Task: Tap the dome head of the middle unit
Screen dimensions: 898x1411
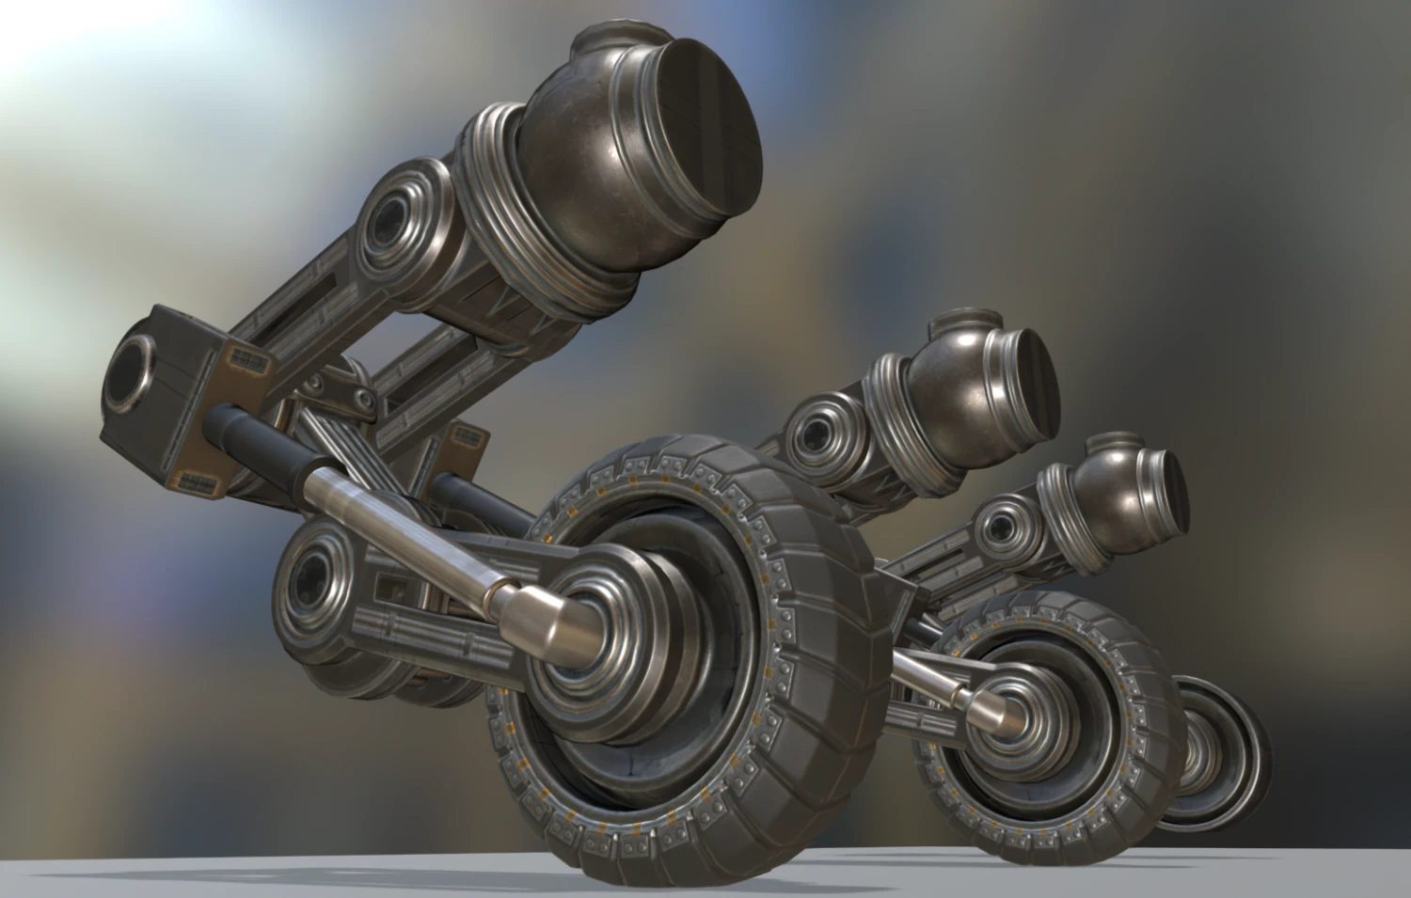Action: click(x=959, y=386)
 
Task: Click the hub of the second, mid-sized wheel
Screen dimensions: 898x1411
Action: click(x=1007, y=710)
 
